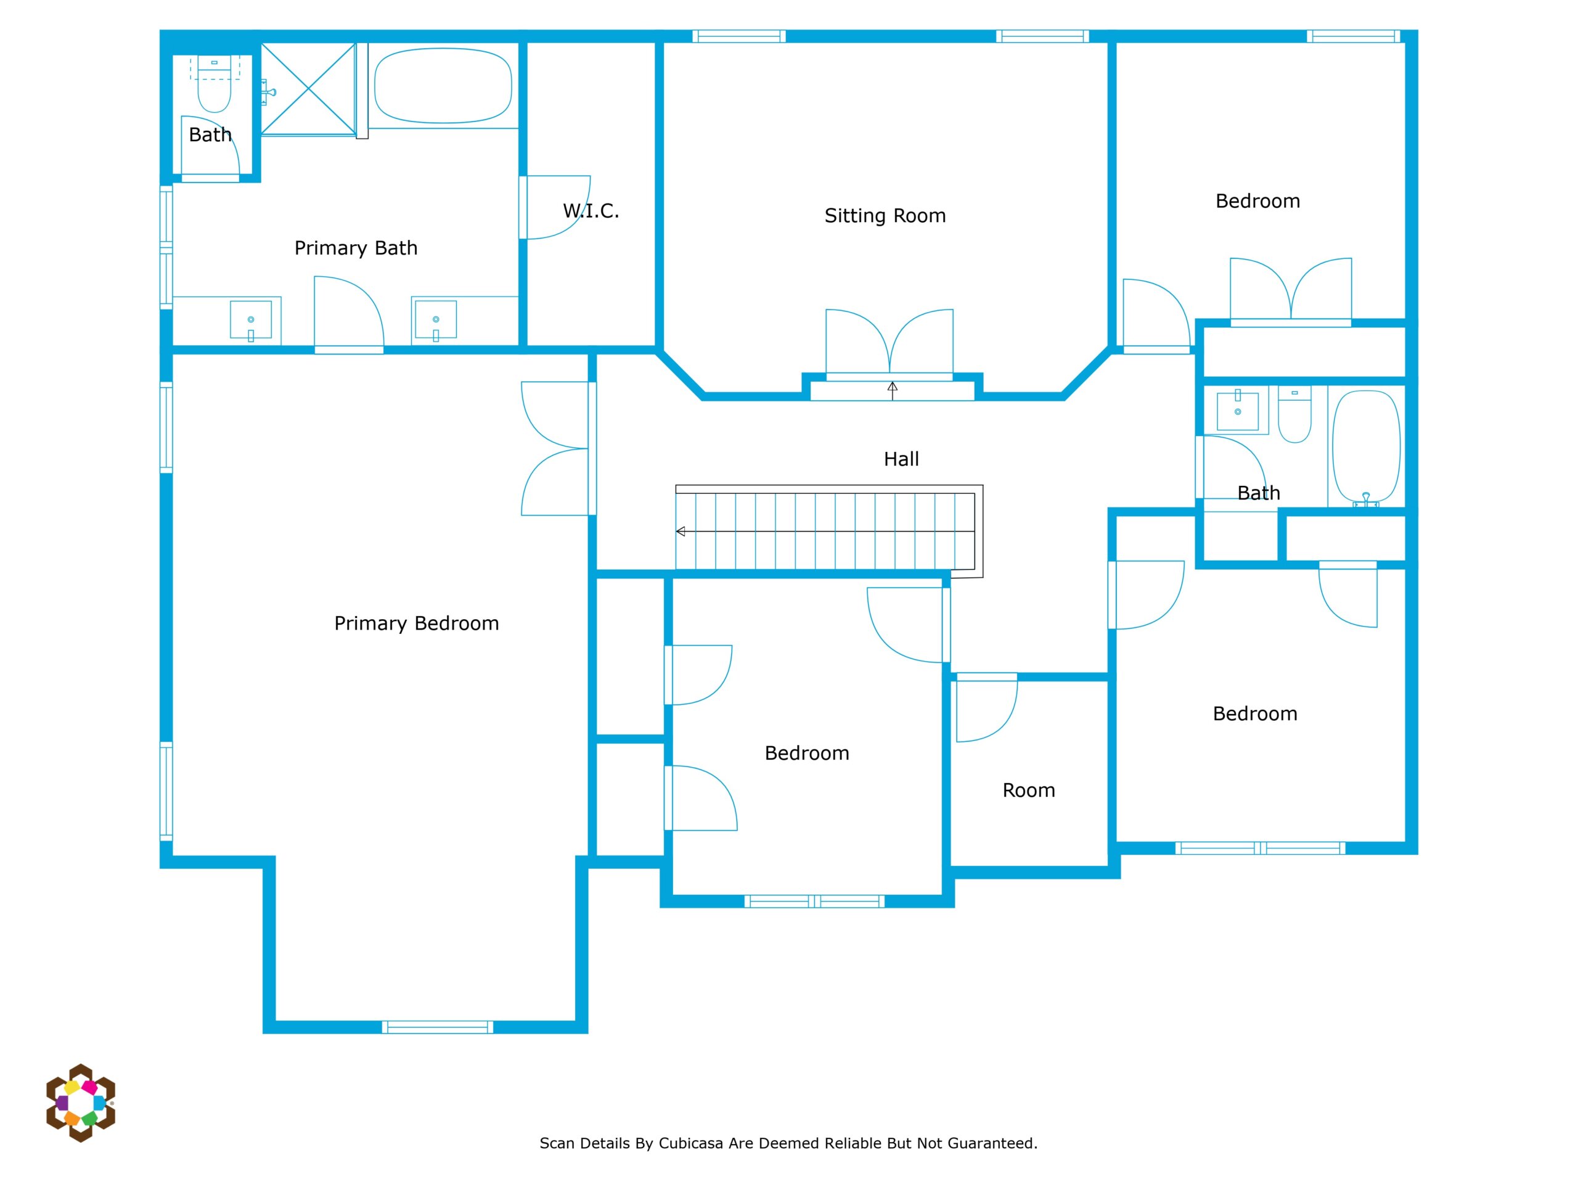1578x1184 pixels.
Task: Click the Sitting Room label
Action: tap(885, 216)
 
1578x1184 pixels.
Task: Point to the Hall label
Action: tap(901, 459)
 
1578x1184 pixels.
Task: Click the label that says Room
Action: tap(1028, 790)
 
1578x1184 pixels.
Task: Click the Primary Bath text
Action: tap(356, 248)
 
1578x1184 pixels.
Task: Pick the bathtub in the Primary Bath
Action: tap(443, 86)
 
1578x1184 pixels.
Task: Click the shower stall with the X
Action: tap(308, 89)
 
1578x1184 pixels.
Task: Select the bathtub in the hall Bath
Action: tap(1366, 446)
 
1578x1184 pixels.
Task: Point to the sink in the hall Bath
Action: tap(1237, 410)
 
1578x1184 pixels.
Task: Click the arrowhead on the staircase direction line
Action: tap(681, 532)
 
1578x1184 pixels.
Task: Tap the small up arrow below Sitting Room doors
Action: tap(893, 390)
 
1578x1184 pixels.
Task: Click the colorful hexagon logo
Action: tap(81, 1103)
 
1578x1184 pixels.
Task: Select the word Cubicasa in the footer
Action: tap(693, 1143)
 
